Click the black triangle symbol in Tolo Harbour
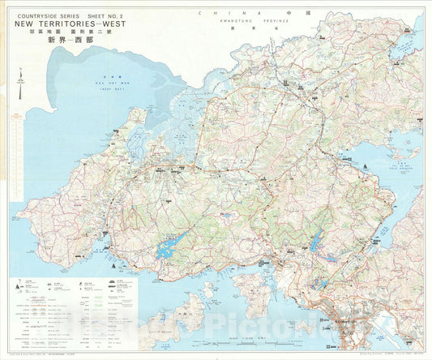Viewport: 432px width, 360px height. pyautogui.click(x=370, y=166)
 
